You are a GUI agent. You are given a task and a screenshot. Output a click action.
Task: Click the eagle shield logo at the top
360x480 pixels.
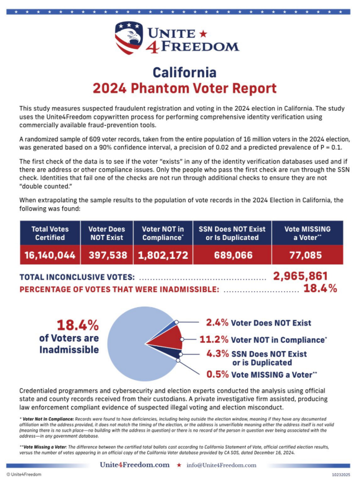click(x=129, y=37)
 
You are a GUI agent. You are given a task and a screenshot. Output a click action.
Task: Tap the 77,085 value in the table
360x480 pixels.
click(x=307, y=255)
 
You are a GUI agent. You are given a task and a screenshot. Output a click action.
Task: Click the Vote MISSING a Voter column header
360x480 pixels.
click(x=307, y=233)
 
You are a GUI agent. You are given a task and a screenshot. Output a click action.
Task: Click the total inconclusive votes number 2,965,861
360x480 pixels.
click(x=300, y=276)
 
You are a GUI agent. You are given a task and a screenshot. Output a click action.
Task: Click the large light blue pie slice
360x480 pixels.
click(x=133, y=339)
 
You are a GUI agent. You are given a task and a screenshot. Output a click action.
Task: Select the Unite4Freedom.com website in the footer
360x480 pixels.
click(x=134, y=464)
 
